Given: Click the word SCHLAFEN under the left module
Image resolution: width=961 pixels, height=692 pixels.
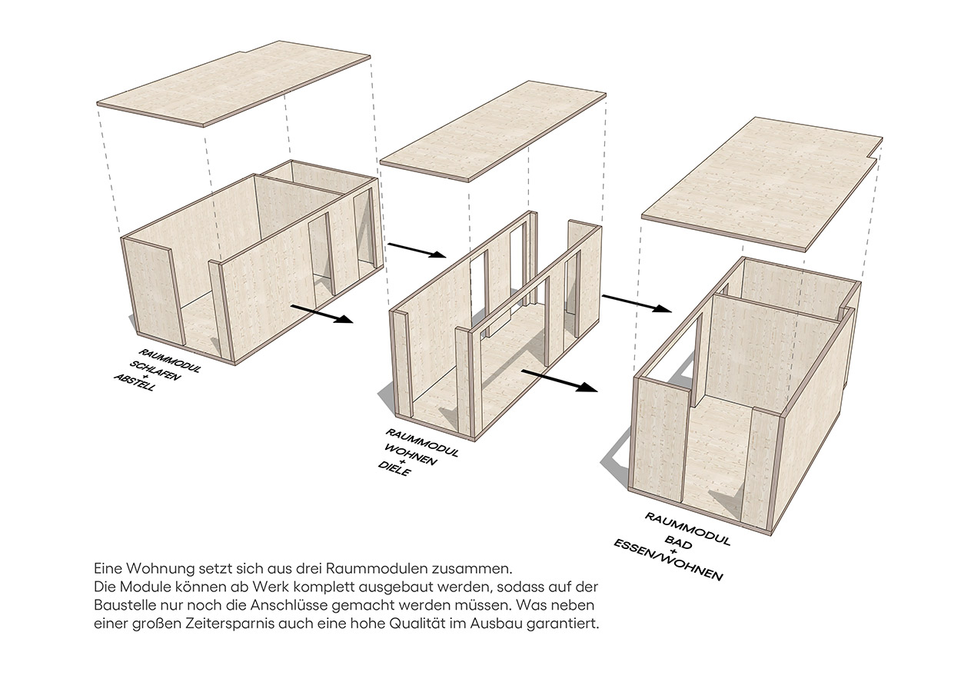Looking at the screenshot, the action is pos(155,371).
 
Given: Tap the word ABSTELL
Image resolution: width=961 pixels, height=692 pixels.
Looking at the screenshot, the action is pos(135,382).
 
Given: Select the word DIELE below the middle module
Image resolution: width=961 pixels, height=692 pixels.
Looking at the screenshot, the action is pos(394,469).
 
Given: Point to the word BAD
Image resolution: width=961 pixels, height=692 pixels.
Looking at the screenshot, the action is pos(678,542).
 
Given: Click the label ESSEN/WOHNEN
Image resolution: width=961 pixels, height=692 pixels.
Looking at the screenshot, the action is pos(668,561).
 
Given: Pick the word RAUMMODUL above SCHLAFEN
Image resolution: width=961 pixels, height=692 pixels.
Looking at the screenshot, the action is pos(169,361).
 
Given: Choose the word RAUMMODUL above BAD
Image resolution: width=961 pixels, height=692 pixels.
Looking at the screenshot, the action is pos(687,529).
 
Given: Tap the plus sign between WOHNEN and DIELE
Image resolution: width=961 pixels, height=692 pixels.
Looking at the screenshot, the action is pos(402,461).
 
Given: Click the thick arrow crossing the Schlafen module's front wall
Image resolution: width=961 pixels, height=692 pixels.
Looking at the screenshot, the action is pos(322,313).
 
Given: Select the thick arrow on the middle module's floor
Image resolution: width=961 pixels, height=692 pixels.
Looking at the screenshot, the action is pos(560,381).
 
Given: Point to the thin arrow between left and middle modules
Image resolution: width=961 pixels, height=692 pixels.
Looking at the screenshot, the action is pos(417,251).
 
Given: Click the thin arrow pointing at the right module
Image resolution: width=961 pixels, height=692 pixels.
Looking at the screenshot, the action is pos(637,303).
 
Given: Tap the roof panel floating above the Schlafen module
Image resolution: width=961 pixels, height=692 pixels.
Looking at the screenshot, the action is pos(234,84).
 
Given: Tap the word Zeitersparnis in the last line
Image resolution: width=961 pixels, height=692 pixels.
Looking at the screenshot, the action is pos(230,624).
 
